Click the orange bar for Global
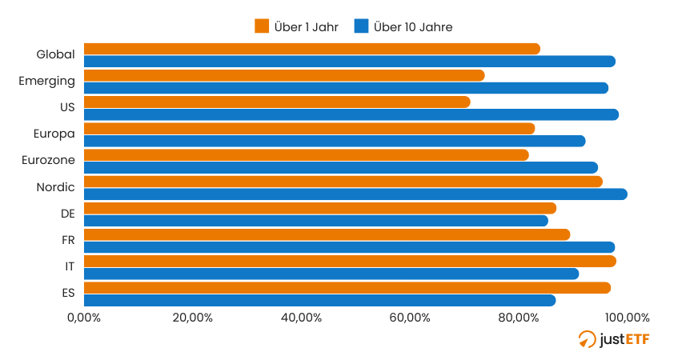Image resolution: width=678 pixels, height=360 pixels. coord(311,49)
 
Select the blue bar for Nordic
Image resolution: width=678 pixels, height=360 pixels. coord(355,194)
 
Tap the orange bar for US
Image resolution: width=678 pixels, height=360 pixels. coord(277,102)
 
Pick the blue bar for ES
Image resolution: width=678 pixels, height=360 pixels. coord(319,301)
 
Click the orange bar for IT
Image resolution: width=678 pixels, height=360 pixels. coord(350,261)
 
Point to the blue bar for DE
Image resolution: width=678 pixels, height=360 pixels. coord(316,221)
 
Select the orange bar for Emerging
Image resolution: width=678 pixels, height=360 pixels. coord(284,75)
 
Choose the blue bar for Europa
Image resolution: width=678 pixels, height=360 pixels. coord(335,141)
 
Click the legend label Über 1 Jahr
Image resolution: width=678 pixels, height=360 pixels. coord(306,27)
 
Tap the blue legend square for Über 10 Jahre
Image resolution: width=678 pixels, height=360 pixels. coord(361,26)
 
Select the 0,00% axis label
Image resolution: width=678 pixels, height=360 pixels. coord(84,318)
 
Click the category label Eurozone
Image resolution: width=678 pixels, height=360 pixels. coord(48,160)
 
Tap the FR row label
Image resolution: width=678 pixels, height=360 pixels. coord(68,240)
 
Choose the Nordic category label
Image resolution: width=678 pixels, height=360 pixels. coord(55,187)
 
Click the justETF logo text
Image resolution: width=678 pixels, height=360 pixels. coord(624,339)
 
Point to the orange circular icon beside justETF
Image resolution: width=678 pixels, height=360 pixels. coord(587,339)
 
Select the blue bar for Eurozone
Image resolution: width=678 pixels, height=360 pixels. coord(341,167)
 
